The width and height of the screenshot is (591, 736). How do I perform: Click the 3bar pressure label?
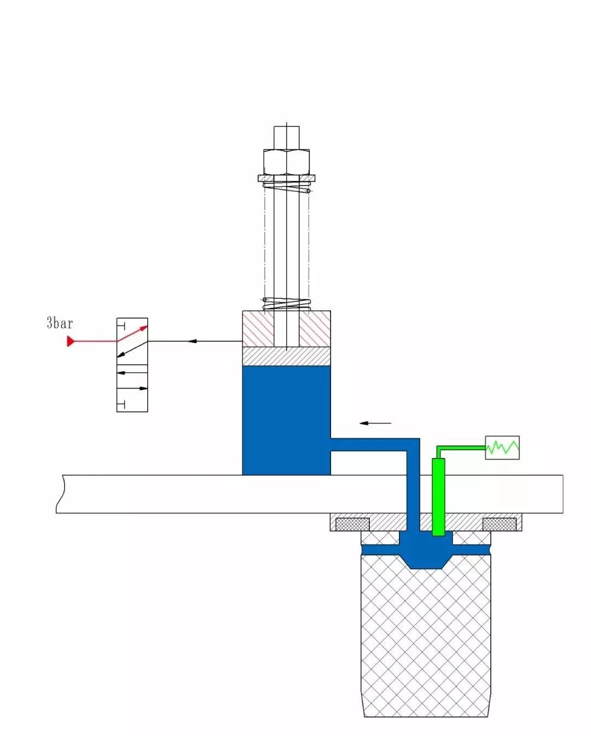pyautogui.click(x=60, y=323)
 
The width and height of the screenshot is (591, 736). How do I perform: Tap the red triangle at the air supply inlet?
pyautogui.click(x=70, y=341)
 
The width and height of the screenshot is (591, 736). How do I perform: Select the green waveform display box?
pyautogui.click(x=502, y=448)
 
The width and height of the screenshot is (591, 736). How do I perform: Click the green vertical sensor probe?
pyautogui.click(x=438, y=497)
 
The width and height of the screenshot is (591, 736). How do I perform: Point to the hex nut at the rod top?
pyautogui.click(x=286, y=162)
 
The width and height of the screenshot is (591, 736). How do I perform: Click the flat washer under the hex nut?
pyautogui.click(x=286, y=178)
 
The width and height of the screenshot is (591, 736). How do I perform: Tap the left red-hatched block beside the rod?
pyautogui.click(x=258, y=329)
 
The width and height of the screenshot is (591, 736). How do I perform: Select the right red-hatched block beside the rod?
pyautogui.click(x=315, y=329)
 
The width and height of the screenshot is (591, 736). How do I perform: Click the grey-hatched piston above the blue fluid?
pyautogui.click(x=286, y=356)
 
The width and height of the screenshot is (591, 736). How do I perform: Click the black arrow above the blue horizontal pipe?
pyautogui.click(x=375, y=423)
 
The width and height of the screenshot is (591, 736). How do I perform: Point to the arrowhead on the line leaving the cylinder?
pyautogui.click(x=192, y=341)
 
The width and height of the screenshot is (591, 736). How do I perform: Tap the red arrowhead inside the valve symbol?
pyautogui.click(x=143, y=328)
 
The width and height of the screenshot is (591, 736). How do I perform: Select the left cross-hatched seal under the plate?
pyautogui.click(x=352, y=524)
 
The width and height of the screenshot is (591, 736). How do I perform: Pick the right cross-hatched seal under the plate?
pyautogui.click(x=499, y=524)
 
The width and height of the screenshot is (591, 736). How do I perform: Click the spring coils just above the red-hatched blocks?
pyautogui.click(x=287, y=303)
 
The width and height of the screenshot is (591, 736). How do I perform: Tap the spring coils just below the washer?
pyautogui.click(x=287, y=187)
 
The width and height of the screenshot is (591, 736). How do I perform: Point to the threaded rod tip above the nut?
pyautogui.click(x=286, y=137)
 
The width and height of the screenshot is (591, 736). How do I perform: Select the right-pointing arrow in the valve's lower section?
pyautogui.click(x=132, y=389)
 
